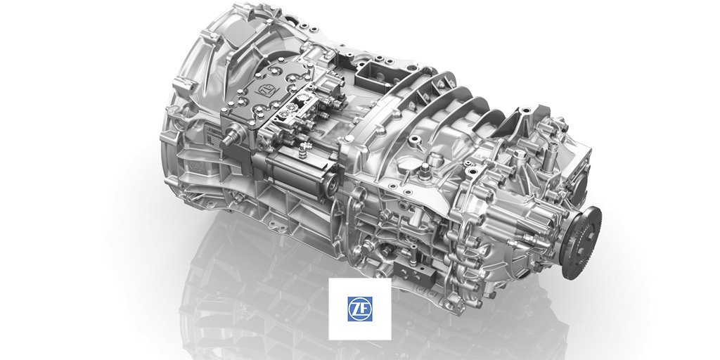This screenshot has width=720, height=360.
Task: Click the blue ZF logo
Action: click(360, 309)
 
